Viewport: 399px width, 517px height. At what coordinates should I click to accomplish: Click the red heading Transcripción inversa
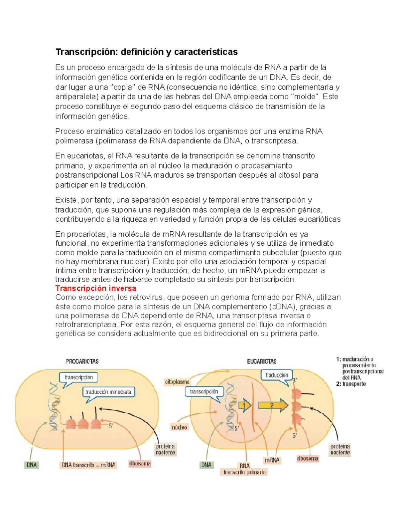point(96,288)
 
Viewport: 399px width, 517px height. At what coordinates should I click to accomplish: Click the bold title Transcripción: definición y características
point(146,52)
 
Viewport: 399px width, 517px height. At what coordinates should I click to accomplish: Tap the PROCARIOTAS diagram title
point(82,361)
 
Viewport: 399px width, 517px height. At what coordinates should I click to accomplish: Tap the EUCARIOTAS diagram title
point(262,362)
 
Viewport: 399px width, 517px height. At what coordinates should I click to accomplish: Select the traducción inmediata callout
point(108,392)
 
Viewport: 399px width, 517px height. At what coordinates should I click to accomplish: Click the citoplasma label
point(177,382)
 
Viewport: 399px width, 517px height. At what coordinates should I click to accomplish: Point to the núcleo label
point(180,427)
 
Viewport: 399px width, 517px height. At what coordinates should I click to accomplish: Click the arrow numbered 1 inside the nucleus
point(245,405)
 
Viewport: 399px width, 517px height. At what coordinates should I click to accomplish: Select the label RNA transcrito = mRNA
point(88,465)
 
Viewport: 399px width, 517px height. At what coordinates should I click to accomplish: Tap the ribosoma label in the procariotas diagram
point(140,463)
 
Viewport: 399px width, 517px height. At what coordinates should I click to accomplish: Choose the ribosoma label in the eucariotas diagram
point(308,458)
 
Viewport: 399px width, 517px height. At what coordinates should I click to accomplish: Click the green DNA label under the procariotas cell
point(32,465)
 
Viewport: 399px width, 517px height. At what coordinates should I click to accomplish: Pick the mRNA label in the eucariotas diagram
point(272,460)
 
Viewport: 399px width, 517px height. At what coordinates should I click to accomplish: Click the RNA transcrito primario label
point(244,469)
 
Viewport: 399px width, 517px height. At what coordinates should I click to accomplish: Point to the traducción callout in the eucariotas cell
point(277,375)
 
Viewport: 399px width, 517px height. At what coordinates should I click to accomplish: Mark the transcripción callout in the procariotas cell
point(79,378)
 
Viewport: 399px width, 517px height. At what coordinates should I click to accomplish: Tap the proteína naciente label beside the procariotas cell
point(166,449)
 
